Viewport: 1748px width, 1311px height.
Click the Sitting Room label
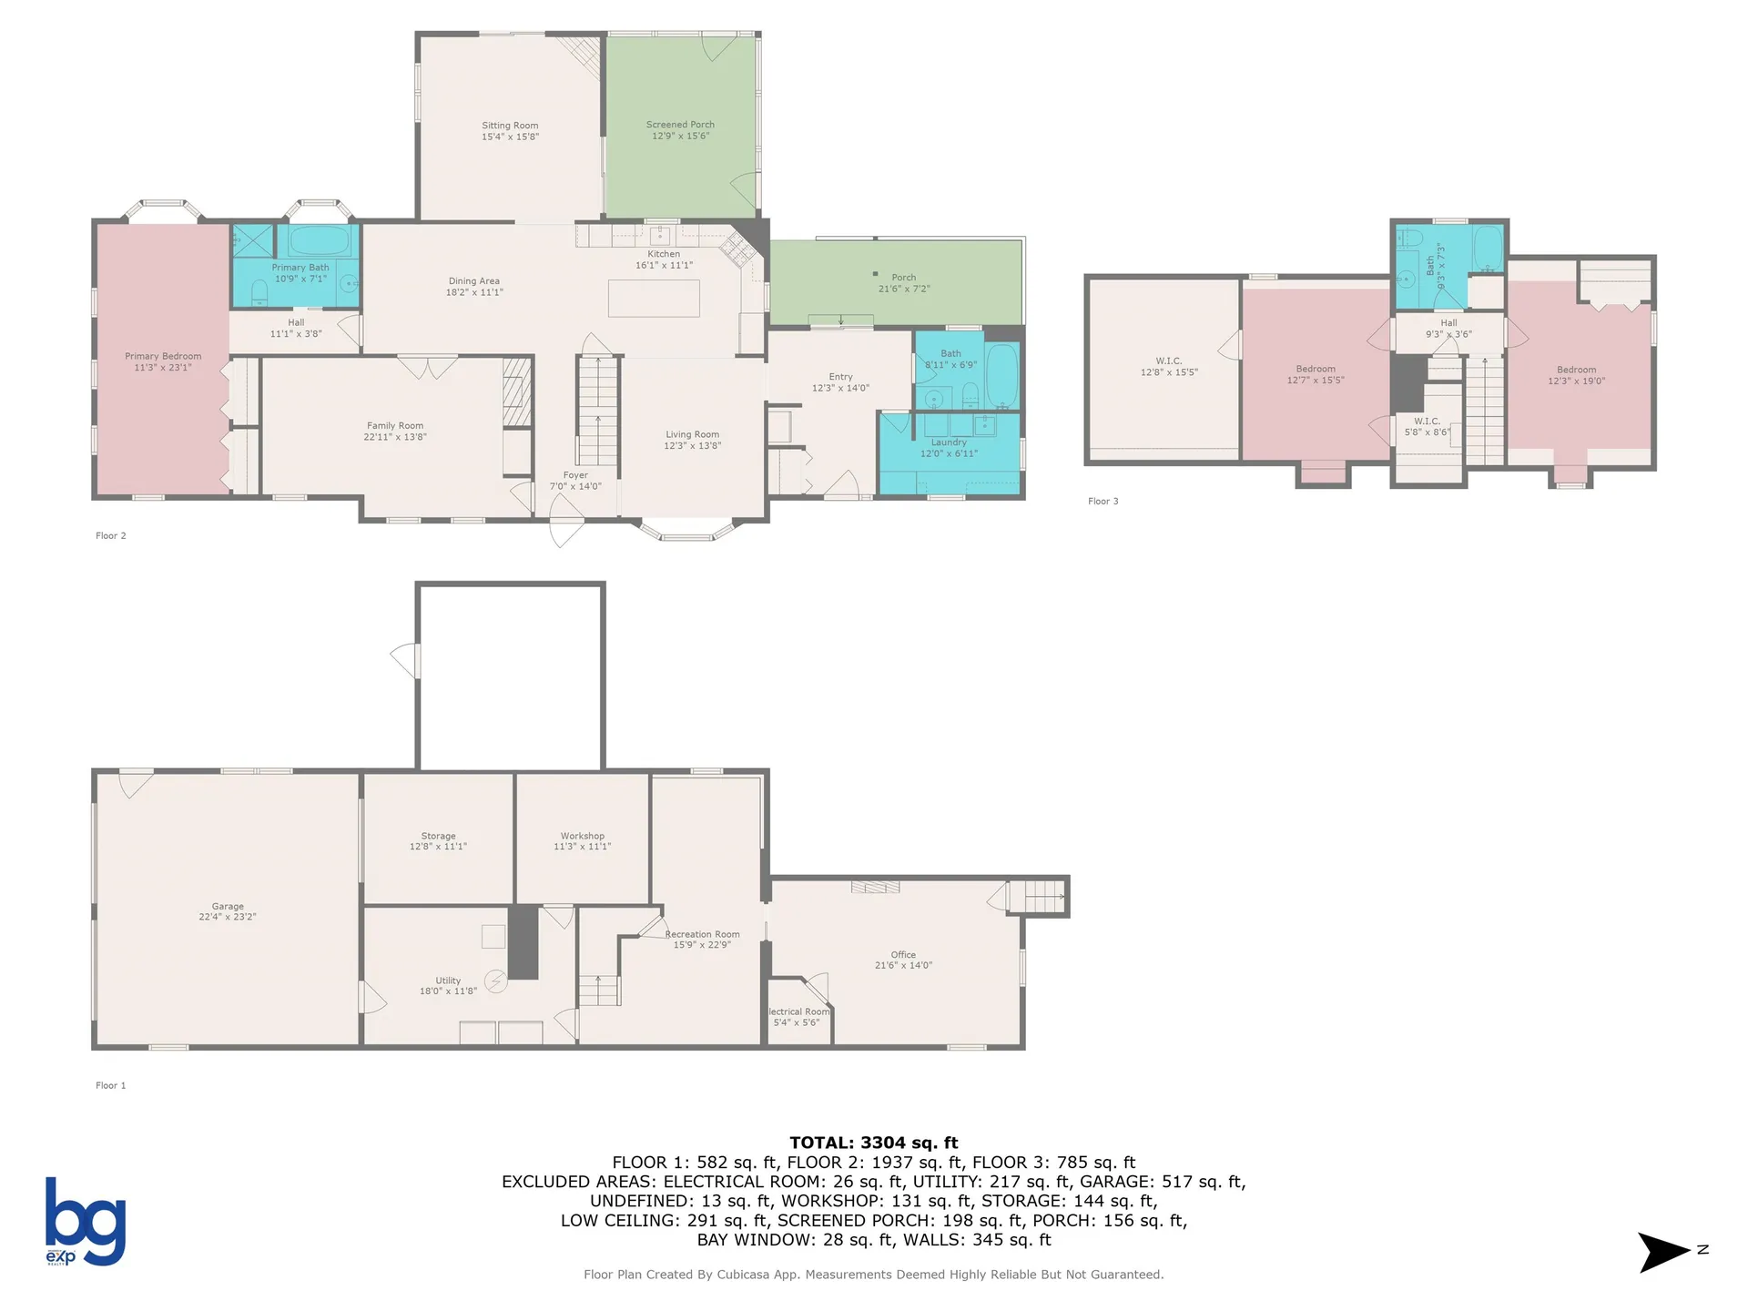[x=510, y=126]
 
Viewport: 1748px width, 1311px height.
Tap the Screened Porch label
[x=680, y=125]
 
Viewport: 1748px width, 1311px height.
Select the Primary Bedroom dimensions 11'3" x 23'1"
[x=163, y=368]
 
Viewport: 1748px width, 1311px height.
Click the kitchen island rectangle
[x=654, y=299]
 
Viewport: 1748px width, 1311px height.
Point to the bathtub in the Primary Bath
[x=320, y=241]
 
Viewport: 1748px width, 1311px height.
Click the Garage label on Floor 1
[x=228, y=906]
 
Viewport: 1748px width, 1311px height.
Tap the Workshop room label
[x=582, y=836]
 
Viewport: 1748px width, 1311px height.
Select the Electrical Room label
[x=798, y=1011]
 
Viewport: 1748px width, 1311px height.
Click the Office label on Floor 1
[x=903, y=954]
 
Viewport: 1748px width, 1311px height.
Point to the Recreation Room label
[x=702, y=934]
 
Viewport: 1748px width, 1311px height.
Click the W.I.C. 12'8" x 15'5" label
[x=1169, y=367]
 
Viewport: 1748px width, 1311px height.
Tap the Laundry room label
[x=949, y=442]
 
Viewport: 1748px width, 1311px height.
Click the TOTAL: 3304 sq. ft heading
[x=873, y=1143]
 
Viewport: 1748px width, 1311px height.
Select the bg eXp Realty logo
[x=86, y=1221]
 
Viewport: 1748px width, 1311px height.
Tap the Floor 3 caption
[x=1103, y=501]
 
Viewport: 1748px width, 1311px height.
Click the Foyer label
[x=575, y=475]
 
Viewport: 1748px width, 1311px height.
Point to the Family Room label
[x=395, y=425]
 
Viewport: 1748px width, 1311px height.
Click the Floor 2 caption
[x=110, y=535]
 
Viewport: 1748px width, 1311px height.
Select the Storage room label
[x=438, y=836]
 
